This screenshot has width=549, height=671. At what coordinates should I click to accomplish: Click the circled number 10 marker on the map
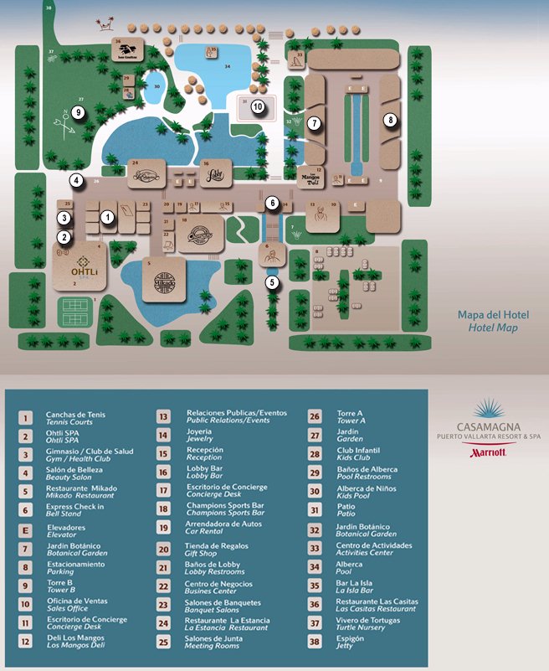click(x=258, y=106)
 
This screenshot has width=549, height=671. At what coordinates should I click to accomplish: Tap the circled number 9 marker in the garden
click(x=78, y=112)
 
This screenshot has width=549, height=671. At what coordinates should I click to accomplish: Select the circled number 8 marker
click(x=390, y=121)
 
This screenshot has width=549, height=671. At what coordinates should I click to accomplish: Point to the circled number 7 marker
click(x=314, y=123)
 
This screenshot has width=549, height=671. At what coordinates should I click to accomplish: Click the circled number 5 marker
click(x=272, y=282)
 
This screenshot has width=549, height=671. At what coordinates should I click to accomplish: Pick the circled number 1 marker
click(x=107, y=216)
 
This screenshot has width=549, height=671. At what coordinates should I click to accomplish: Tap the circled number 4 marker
click(x=76, y=179)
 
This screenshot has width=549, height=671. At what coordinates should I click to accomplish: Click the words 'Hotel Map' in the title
click(x=493, y=328)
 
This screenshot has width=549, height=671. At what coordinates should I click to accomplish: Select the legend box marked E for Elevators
click(x=27, y=529)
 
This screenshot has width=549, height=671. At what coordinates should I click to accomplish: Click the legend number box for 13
click(x=165, y=416)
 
